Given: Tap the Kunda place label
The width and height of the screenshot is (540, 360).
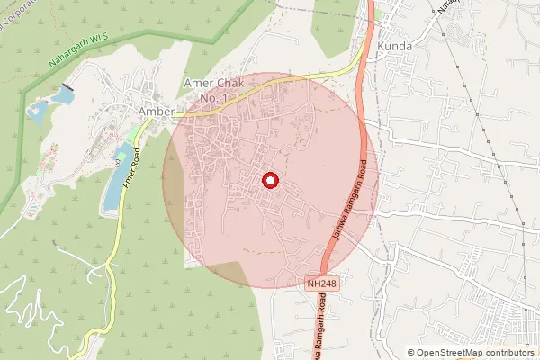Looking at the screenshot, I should (396, 46).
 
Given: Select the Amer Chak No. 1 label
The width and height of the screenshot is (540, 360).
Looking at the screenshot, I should (212, 90).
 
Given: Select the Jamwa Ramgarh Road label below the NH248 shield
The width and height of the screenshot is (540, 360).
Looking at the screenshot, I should (323, 329).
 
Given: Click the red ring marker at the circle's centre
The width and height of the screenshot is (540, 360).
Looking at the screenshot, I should (270, 181).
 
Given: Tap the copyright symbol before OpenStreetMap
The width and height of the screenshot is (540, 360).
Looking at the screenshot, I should (411, 353).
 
